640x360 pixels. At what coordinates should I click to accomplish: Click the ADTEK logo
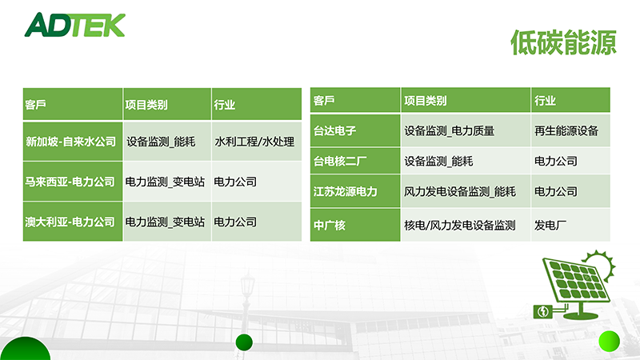pos(74,25)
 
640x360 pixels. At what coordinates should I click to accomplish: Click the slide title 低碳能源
pos(563,42)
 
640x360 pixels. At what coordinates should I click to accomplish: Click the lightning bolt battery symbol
pos(543,312)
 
